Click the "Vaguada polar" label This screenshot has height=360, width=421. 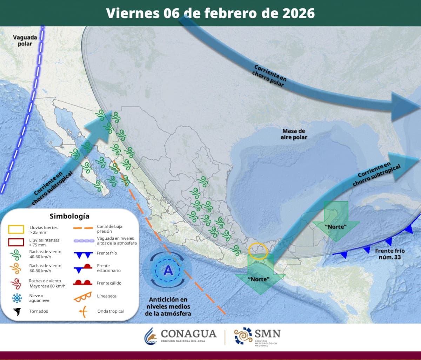pos(22,40)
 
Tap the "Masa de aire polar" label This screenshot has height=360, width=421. pos(294,134)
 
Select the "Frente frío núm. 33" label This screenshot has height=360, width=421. pos(389,254)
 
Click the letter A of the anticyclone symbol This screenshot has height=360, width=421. pos(168,271)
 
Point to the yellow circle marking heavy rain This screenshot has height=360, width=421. pos(258,251)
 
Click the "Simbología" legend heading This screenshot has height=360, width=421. pos(69,216)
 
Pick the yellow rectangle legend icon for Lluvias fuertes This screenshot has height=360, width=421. pos(16,230)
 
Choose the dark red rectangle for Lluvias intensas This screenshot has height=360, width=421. pos(16,242)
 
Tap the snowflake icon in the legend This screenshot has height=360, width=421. pos(16,298)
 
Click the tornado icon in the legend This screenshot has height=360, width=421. pos(16,311)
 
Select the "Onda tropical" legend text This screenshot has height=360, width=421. pos(111,311)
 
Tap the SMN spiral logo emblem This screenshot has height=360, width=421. pos(243,336)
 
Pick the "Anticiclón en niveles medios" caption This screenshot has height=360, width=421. pos(168,306)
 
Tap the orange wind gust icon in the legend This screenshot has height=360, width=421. pos(16,268)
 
